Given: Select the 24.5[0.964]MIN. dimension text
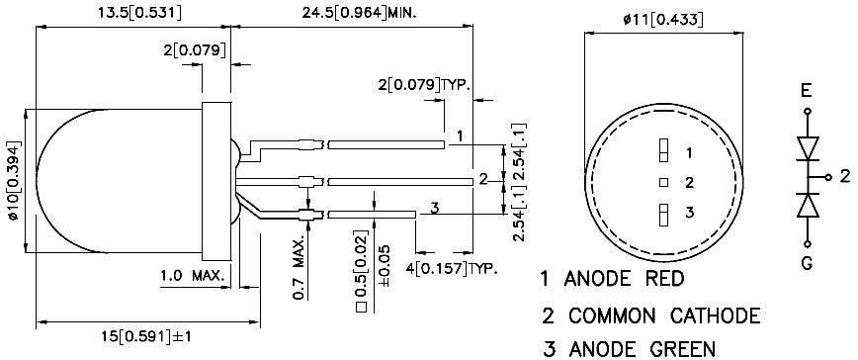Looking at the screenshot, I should tap(348, 13).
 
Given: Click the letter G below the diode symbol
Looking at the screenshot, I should tap(808, 262).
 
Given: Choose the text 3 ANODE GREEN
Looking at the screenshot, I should tap(629, 348).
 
